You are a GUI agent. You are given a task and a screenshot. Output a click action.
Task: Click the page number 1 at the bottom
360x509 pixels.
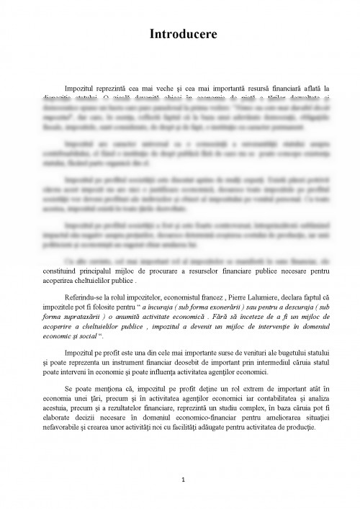[184, 479]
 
